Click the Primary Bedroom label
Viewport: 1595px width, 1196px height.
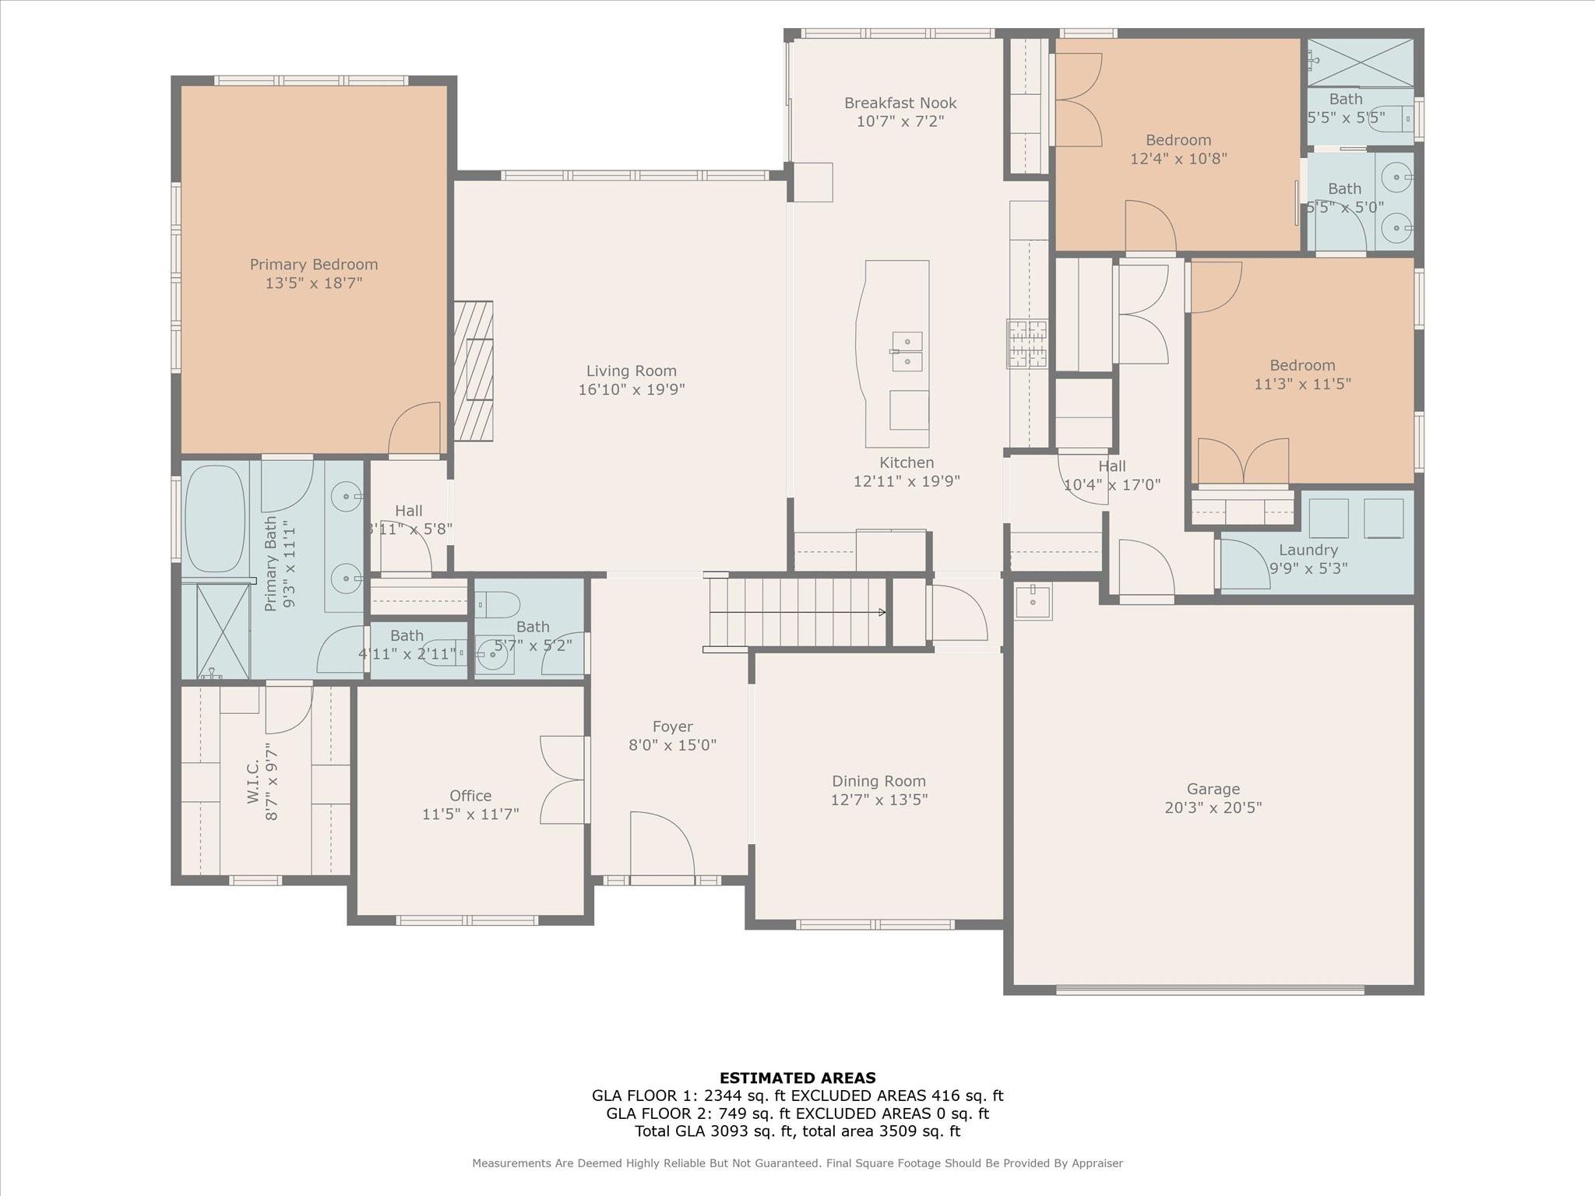tap(314, 265)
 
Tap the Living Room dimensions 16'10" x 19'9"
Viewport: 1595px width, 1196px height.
tap(631, 389)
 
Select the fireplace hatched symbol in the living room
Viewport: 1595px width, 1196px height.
tap(474, 371)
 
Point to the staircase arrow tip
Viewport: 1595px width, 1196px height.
tap(882, 612)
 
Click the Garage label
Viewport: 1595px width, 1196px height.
tap(1213, 789)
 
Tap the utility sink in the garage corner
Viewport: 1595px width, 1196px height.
tap(1033, 601)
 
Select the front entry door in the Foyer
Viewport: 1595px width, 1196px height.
tap(661, 846)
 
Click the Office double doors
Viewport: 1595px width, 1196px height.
tap(563, 779)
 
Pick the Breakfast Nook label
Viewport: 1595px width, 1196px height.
tap(900, 103)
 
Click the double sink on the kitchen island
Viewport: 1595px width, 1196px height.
tap(907, 352)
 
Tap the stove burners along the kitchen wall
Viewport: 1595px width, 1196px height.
tap(1026, 343)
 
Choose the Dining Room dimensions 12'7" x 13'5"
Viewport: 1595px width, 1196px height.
tap(878, 800)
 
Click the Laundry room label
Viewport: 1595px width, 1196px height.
tap(1308, 550)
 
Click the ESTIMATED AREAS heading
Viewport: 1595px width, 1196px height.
tap(797, 1078)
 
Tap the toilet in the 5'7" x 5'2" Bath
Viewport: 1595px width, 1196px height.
tap(497, 603)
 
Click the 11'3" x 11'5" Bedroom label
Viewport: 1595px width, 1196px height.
tap(1302, 365)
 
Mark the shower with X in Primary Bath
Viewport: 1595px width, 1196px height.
tap(223, 631)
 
